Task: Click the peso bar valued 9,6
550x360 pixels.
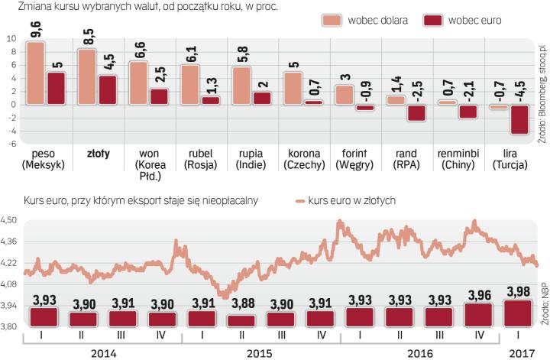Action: tap(35, 73)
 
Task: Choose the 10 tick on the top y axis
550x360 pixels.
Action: tap(11, 38)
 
